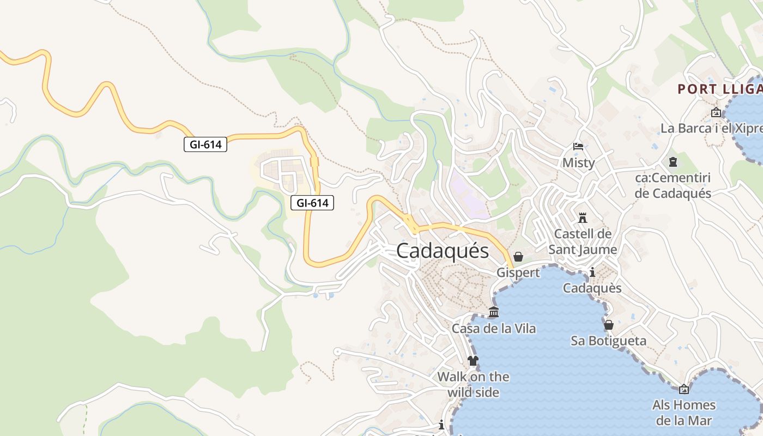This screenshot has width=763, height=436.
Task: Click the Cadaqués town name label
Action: [443, 251]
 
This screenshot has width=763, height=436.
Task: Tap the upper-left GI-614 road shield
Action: [205, 144]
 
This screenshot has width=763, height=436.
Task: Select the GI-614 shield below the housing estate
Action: [312, 203]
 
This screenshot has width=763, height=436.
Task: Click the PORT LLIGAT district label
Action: [719, 89]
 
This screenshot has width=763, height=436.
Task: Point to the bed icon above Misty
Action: [578, 147]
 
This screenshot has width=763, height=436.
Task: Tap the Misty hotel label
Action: [578, 162]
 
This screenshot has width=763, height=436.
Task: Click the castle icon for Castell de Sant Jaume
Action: [583, 218]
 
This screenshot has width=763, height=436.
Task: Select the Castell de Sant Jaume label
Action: [583, 241]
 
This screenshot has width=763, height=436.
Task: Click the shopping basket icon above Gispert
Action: [518, 257]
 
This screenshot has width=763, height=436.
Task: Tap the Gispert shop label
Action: [518, 272]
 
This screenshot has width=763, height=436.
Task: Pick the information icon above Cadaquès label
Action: [592, 272]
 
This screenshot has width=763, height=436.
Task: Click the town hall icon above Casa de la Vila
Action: [494, 312]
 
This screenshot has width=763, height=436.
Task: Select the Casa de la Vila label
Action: [494, 329]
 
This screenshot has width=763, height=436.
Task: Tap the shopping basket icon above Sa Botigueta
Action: [609, 325]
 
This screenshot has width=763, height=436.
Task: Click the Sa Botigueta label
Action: [609, 341]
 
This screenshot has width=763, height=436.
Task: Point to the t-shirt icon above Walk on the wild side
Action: [473, 361]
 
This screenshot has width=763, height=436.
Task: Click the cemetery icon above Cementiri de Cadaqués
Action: [673, 162]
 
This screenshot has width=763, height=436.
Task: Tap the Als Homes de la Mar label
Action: [684, 413]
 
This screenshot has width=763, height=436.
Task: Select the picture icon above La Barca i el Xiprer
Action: [716, 113]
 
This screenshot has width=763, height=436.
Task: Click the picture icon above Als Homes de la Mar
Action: [684, 389]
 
